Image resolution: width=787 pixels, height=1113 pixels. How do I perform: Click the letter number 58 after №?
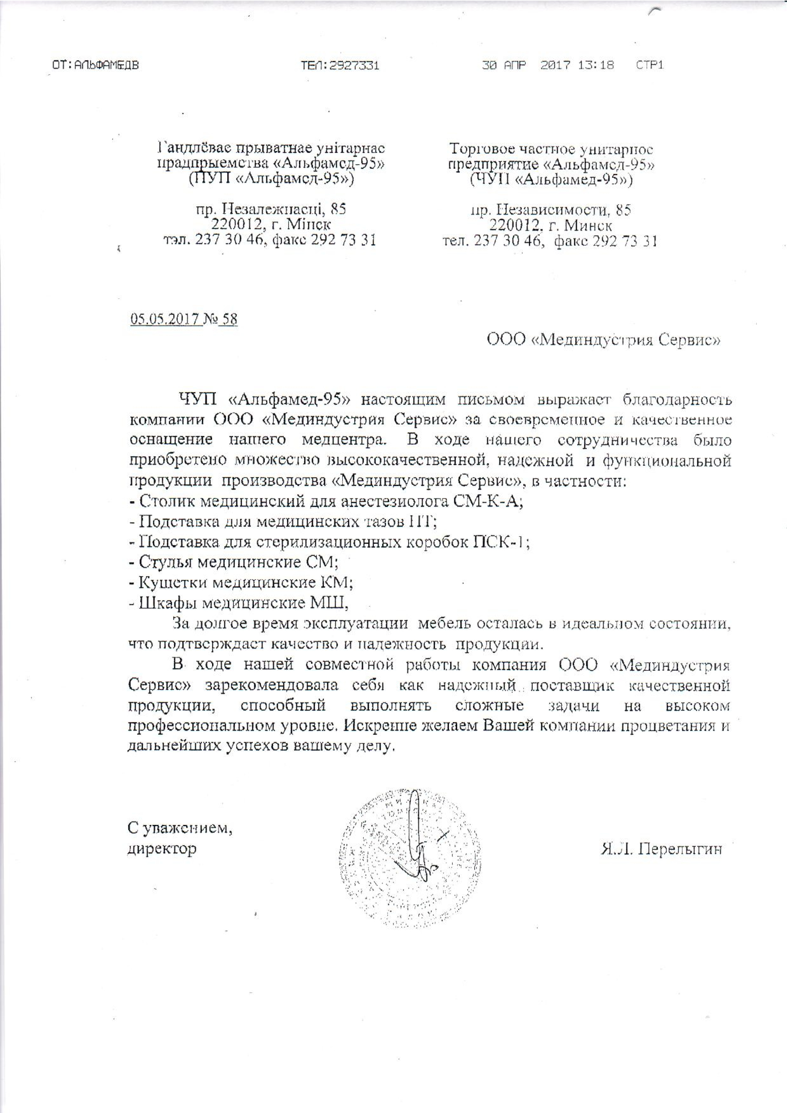(x=229, y=320)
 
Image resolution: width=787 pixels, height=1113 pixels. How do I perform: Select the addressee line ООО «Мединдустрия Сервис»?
(x=604, y=341)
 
